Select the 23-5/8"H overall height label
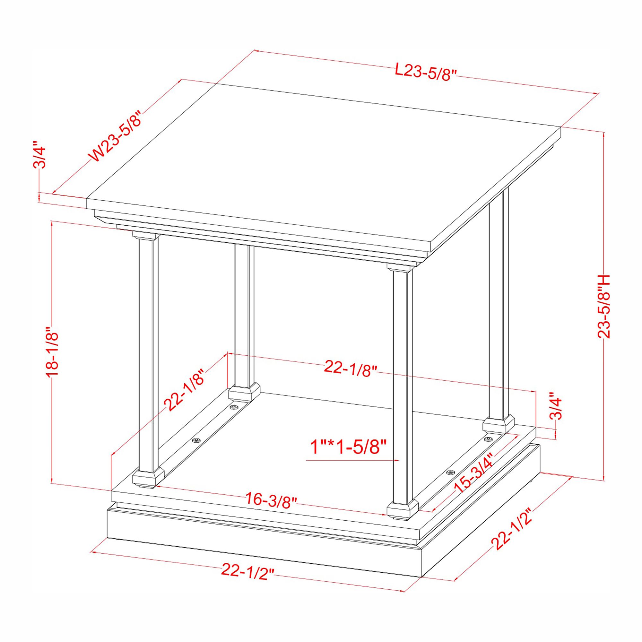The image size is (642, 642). pos(604,306)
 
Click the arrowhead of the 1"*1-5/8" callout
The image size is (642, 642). pos(397,460)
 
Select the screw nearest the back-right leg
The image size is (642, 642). pos(488,440)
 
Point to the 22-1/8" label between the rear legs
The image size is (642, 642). pos(351,369)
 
